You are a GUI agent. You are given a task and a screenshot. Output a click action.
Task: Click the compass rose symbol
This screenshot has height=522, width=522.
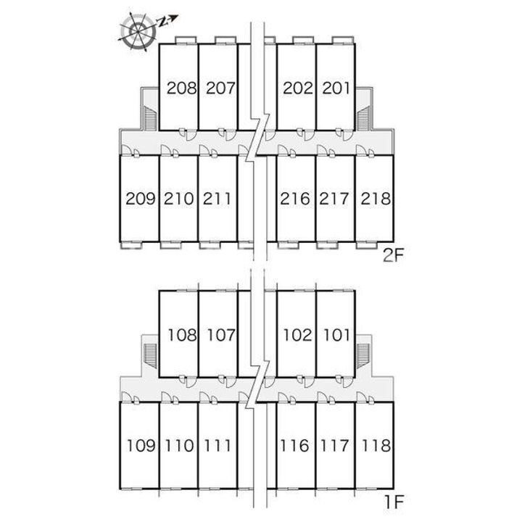click(x=138, y=31)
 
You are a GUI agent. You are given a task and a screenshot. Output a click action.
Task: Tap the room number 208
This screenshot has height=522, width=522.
click(x=182, y=88)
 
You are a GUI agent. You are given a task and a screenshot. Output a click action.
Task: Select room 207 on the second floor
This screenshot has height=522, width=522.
click(x=220, y=88)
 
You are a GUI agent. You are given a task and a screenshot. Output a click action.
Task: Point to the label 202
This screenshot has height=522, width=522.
click(x=298, y=88)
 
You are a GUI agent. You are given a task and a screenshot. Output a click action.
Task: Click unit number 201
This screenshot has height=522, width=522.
click(x=336, y=88)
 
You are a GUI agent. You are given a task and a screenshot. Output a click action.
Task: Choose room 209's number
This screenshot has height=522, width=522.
click(x=141, y=199)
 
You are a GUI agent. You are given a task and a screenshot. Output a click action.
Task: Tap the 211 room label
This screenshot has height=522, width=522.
click(x=217, y=199)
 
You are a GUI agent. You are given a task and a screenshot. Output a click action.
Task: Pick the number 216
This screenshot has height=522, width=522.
click(x=295, y=199)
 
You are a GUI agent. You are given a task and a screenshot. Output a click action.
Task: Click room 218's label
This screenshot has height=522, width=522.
click(x=376, y=199)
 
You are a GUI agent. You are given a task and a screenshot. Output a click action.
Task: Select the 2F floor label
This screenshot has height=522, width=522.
click(x=393, y=256)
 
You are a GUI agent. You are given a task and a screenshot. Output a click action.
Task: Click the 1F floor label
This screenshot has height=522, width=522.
click(x=394, y=502)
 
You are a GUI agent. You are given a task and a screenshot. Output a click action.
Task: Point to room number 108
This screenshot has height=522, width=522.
click(x=182, y=335)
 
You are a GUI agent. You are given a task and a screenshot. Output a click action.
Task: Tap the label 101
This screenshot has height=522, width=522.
click(x=337, y=335)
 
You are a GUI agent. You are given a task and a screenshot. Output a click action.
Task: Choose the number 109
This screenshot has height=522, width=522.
click(x=141, y=445)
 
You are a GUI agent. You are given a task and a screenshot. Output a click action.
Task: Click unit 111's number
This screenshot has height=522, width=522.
click(x=217, y=445)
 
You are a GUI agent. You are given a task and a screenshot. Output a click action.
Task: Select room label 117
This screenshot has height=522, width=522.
click(x=334, y=445)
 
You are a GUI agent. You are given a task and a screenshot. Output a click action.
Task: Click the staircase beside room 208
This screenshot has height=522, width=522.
click(x=151, y=117)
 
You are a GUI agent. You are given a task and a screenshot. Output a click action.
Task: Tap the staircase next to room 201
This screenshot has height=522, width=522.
click(x=363, y=118)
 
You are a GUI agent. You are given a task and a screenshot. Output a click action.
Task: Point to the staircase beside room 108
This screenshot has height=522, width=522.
click(x=151, y=356)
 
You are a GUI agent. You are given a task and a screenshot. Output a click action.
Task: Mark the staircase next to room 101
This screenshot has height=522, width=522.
click(x=363, y=356)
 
